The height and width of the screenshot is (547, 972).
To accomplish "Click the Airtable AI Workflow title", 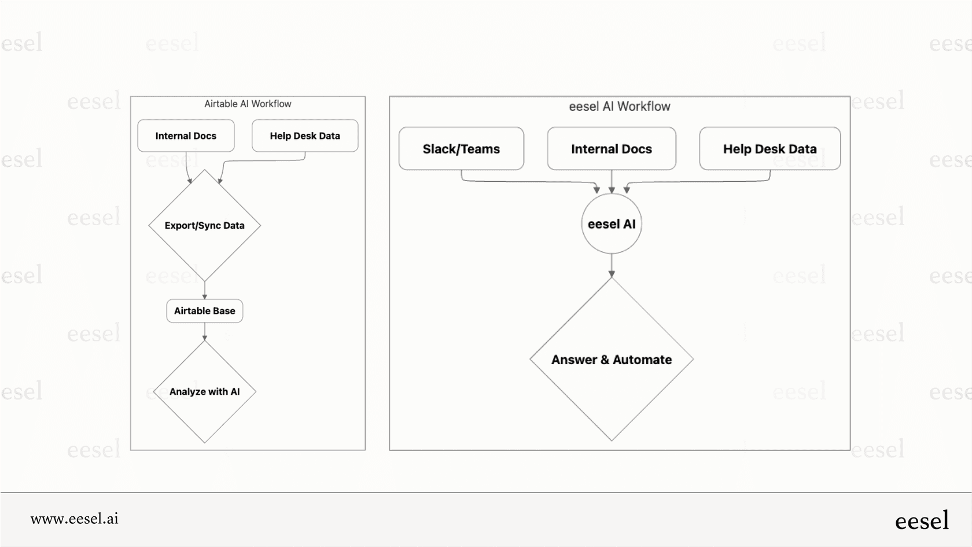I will (248, 104).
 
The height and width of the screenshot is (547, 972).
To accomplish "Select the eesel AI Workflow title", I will (619, 107).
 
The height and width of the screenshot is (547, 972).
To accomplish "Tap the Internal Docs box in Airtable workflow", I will (186, 136).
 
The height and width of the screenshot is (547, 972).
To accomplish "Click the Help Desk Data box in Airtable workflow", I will (305, 136).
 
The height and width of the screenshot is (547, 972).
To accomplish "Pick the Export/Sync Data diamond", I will (204, 226).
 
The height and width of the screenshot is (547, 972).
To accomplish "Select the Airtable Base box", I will (204, 311).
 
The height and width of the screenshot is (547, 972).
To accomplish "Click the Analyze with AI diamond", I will (204, 392).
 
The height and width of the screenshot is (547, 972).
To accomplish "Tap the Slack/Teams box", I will (461, 149).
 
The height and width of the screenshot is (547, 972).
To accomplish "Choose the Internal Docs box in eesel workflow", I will (612, 149).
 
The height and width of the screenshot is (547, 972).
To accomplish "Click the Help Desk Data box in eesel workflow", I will (770, 149).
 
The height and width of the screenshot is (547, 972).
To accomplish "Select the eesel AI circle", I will (612, 224).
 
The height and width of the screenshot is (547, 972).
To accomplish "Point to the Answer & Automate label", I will (612, 360).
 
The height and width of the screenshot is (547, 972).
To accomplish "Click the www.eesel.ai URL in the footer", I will (75, 519).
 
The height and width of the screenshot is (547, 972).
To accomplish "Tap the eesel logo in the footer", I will (922, 520).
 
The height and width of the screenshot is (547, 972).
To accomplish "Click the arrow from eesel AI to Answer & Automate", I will (612, 265).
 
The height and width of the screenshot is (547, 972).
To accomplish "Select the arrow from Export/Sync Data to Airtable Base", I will (204, 290).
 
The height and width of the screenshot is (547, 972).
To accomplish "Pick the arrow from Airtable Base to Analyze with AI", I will (204, 331).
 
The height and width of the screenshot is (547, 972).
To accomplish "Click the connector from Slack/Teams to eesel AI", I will (521, 181).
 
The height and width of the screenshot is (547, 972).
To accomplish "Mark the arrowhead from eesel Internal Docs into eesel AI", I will (612, 190).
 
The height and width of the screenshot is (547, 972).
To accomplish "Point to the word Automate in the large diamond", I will (642, 360).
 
